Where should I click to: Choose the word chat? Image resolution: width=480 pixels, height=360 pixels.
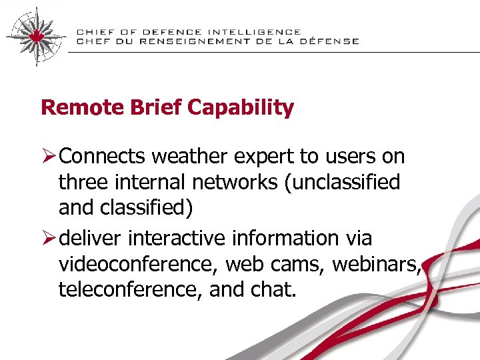[x=276, y=289]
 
